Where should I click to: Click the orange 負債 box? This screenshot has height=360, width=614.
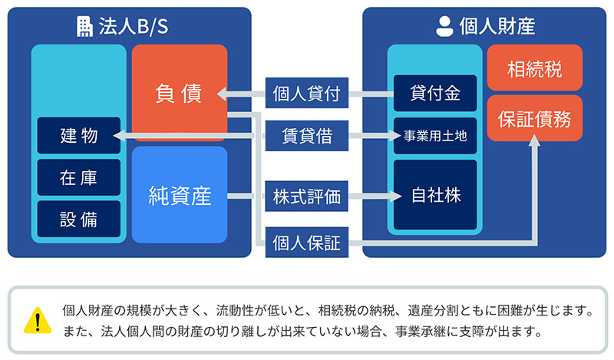click(x=179, y=92)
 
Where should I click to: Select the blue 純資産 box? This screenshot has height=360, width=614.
click(x=179, y=196)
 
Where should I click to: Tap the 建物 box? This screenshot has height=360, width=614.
click(x=79, y=136)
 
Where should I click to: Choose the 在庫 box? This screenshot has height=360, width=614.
click(x=79, y=177)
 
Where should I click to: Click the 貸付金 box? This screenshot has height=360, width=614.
click(x=435, y=94)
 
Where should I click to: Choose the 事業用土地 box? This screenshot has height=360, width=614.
click(x=435, y=136)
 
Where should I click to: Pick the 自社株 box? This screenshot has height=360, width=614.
click(x=435, y=196)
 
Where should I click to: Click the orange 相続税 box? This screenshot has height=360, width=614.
click(x=534, y=71)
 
